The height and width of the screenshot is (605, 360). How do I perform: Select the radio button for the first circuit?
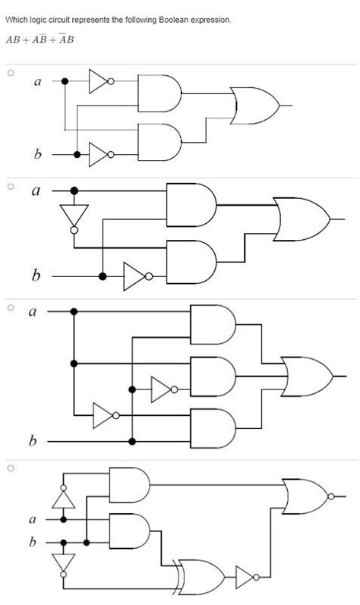(x=11, y=74)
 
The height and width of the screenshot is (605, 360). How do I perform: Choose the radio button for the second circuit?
(x=11, y=185)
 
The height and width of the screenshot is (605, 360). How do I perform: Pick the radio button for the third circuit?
(x=11, y=307)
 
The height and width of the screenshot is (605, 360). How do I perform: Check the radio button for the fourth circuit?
(x=11, y=468)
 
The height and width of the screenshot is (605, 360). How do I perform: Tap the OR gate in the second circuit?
(x=301, y=219)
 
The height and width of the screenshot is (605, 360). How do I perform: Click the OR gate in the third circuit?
(x=305, y=375)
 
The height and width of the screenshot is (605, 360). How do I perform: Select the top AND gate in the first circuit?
(x=159, y=92)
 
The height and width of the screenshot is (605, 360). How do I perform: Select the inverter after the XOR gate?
(x=247, y=576)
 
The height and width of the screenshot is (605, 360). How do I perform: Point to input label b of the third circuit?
(x=32, y=440)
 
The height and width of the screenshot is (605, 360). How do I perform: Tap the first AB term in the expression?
(x=13, y=40)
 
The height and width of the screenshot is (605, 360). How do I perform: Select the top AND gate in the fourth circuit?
(x=129, y=483)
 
